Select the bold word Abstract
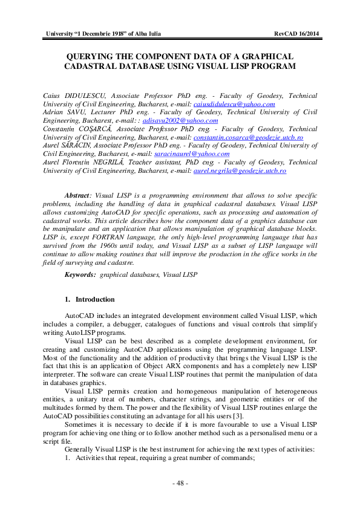(77, 196)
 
